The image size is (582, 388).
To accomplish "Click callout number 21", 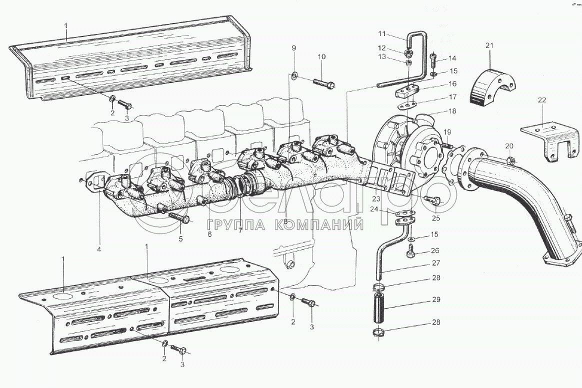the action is point(489,46).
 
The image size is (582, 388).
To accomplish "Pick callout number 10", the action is point(321,57).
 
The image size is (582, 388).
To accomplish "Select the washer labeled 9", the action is point(295,75).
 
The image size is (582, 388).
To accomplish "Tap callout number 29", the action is point(436,300).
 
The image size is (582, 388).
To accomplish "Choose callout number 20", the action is point(509,146).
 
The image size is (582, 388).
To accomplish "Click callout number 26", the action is point(435,250).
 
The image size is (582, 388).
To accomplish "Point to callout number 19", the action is point(447,132).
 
